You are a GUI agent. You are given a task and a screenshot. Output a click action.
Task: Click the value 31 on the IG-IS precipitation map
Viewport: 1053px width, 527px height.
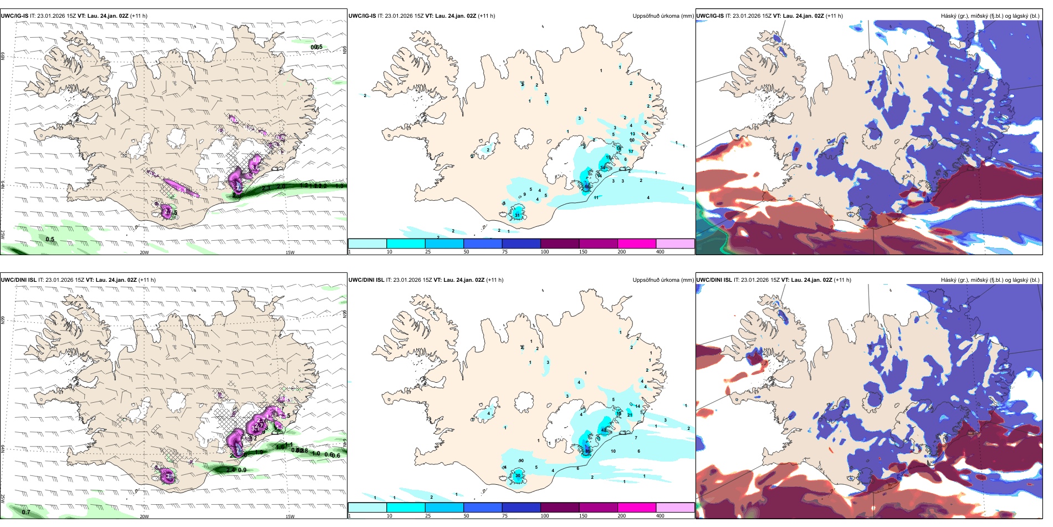(x=517, y=215)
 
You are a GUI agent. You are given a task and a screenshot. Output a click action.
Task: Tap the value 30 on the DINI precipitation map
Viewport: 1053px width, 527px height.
(x=518, y=476)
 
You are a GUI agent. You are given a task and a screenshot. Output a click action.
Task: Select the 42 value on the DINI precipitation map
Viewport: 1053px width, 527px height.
(x=604, y=430)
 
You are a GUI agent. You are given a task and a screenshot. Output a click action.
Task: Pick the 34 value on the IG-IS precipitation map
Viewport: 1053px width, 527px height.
(x=603, y=168)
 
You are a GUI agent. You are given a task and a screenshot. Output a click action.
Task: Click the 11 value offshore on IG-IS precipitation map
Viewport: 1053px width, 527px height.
(x=596, y=197)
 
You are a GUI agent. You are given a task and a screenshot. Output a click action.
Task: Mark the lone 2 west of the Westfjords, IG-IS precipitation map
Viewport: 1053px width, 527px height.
(x=365, y=95)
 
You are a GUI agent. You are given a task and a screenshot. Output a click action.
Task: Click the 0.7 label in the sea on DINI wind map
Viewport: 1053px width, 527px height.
(x=26, y=512)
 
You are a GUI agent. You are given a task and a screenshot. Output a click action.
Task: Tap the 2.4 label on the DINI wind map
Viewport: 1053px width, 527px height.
(x=231, y=470)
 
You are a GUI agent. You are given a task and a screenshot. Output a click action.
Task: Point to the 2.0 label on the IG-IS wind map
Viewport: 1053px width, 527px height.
(x=281, y=186)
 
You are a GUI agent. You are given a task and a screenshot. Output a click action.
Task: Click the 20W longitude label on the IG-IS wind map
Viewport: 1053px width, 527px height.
(x=144, y=252)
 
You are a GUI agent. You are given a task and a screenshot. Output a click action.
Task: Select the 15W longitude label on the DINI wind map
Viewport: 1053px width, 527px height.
(x=290, y=516)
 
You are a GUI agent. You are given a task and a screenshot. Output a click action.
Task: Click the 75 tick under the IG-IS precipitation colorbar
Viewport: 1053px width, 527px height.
(x=505, y=252)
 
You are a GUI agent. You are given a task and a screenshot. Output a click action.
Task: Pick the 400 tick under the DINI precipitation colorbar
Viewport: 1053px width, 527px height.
(x=660, y=516)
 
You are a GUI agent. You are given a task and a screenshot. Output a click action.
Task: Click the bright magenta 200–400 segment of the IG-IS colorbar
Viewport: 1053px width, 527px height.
(x=636, y=244)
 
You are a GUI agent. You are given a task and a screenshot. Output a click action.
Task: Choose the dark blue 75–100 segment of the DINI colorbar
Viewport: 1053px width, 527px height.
(x=521, y=508)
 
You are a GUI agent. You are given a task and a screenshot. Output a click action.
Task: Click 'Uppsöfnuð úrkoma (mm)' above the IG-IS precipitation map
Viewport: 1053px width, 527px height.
(x=663, y=16)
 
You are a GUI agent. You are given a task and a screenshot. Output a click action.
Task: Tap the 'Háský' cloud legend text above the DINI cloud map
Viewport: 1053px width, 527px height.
(x=949, y=280)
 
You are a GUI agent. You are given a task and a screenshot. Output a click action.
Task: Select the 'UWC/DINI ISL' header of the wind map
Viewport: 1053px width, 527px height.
(x=18, y=280)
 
